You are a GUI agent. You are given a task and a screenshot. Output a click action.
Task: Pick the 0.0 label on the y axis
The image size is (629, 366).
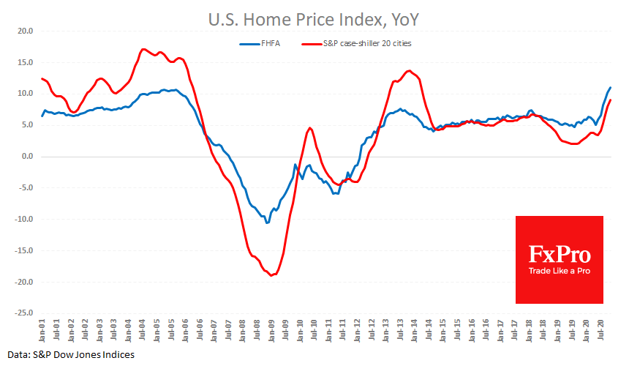(28, 157)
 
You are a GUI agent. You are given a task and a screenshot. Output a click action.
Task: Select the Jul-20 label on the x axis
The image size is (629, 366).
(598, 327)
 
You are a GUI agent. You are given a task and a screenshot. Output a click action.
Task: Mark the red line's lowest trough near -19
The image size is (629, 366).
(271, 275)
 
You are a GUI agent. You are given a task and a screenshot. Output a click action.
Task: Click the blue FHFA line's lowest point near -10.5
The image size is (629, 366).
(268, 223)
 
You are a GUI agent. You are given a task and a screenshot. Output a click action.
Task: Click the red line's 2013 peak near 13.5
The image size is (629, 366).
(409, 71)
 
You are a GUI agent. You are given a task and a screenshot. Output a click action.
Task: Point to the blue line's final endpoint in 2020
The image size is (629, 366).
(610, 88)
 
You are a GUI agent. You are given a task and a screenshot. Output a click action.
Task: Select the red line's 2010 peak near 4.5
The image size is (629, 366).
(310, 128)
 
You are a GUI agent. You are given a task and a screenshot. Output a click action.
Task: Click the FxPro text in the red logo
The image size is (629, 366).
(560, 255)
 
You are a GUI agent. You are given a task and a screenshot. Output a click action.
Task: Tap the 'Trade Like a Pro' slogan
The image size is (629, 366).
(560, 272)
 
